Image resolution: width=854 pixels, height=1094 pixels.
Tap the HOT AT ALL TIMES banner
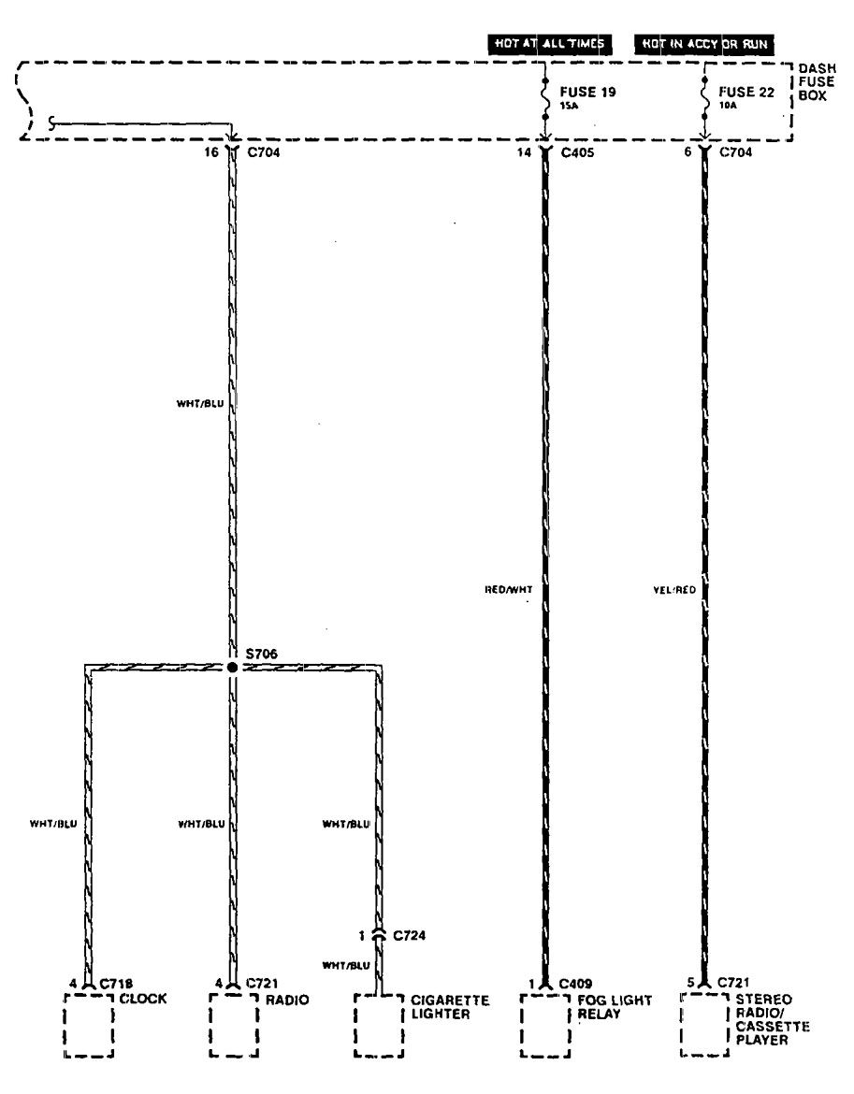click(548, 43)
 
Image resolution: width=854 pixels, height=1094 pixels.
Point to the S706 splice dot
click(232, 668)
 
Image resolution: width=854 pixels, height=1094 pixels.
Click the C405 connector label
click(578, 151)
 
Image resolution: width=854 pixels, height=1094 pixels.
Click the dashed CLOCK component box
click(89, 1026)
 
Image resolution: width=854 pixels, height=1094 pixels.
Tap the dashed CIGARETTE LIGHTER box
click(380, 1026)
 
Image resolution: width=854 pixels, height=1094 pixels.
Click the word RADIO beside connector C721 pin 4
click(286, 999)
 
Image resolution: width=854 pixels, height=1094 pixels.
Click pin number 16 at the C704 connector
click(211, 151)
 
